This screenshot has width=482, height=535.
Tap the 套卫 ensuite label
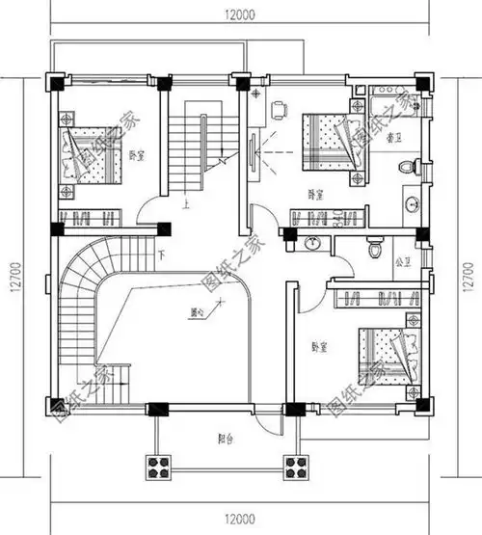(x=395, y=138)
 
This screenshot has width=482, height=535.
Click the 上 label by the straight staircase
(x=184, y=203)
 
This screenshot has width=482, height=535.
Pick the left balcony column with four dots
(x=157, y=468)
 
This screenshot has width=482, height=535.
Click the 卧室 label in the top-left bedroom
(x=138, y=154)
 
